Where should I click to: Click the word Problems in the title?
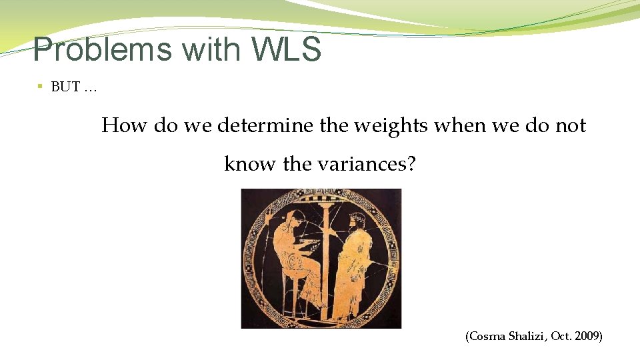click(x=94, y=49)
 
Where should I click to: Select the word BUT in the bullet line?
click(x=65, y=87)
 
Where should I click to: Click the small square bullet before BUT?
click(x=40, y=87)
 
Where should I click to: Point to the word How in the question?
click(x=125, y=125)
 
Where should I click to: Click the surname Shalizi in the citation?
click(x=527, y=337)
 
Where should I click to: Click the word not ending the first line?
click(x=571, y=125)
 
